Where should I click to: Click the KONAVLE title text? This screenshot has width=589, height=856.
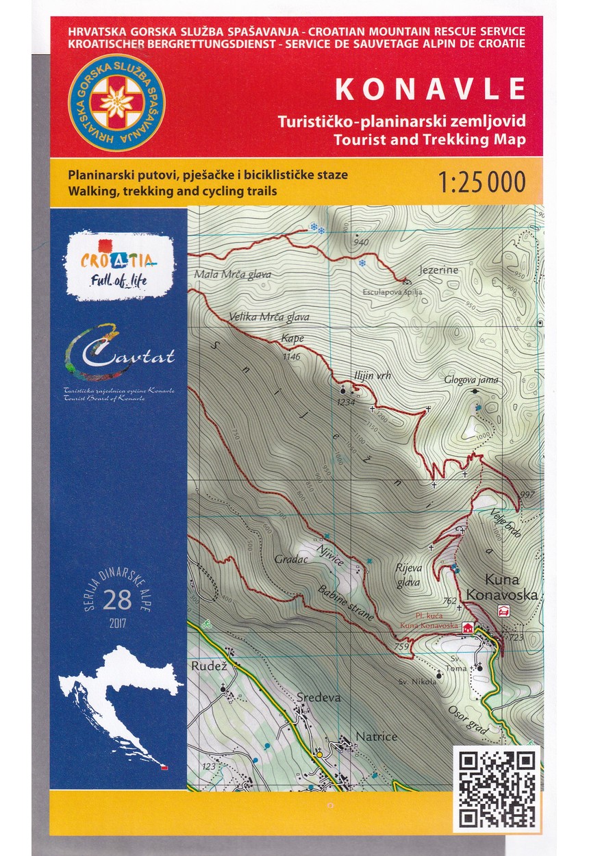[x=429, y=89]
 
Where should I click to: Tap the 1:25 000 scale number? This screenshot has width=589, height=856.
[x=482, y=182]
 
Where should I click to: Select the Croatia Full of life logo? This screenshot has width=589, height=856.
[x=118, y=266]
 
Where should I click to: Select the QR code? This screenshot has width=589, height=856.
[x=497, y=788]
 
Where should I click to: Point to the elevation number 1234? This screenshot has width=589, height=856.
[x=346, y=402]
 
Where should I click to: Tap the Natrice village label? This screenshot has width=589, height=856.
[x=376, y=737]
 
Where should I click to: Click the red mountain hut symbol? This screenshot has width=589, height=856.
[x=468, y=627]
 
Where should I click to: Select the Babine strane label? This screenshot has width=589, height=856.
[x=346, y=603]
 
